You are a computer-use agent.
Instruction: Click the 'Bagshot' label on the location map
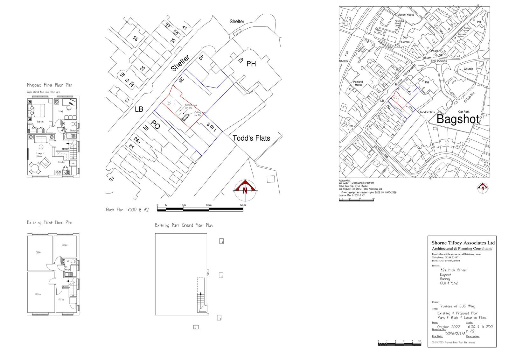coord(457,119)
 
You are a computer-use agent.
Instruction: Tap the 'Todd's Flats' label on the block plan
coord(251,138)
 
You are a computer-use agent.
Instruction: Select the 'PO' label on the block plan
coord(155,125)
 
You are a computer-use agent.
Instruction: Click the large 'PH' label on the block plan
coord(251,64)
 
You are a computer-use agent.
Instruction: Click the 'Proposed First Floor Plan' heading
coord(50,85)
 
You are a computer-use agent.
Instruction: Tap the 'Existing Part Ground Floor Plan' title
coord(184,225)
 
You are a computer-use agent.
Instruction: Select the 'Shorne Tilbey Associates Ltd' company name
coord(463,243)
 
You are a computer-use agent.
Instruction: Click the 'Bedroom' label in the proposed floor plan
coord(40,122)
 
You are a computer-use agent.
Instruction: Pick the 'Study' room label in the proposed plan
coord(61,111)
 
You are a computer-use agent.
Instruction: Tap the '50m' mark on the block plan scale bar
coord(243,205)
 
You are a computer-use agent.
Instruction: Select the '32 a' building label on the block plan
coord(171,104)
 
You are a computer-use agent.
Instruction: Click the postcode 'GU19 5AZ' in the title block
coord(449,283)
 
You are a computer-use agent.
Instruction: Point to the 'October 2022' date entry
coord(449,327)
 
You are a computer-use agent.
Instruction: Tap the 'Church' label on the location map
coord(468,69)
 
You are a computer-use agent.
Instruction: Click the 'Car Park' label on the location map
coord(464,112)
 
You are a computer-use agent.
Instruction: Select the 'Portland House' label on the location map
coord(358,83)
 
